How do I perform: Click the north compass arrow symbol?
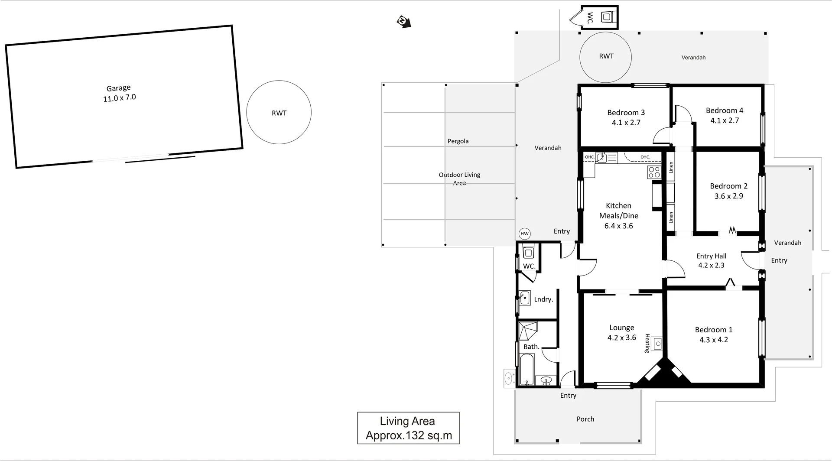coord(403,22)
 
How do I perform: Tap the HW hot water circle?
coord(524,234)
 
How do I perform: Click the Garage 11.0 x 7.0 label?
coord(119,93)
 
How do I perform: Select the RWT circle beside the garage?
coord(279,112)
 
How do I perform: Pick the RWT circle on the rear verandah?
coord(605,57)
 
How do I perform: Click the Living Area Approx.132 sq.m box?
coord(408,428)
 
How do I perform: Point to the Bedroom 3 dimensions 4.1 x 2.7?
coord(626,123)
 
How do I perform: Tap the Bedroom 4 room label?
coord(724,110)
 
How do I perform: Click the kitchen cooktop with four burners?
coord(654,172)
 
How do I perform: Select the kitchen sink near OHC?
coord(601,157)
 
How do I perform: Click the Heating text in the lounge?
coord(647,343)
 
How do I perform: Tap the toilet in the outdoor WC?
coord(606,17)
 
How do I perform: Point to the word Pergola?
coord(458,141)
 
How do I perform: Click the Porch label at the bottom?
coord(585,419)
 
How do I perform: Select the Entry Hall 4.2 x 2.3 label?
coord(711,260)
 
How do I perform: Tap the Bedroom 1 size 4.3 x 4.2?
coord(713,340)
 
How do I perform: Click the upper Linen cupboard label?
coord(670,167)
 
